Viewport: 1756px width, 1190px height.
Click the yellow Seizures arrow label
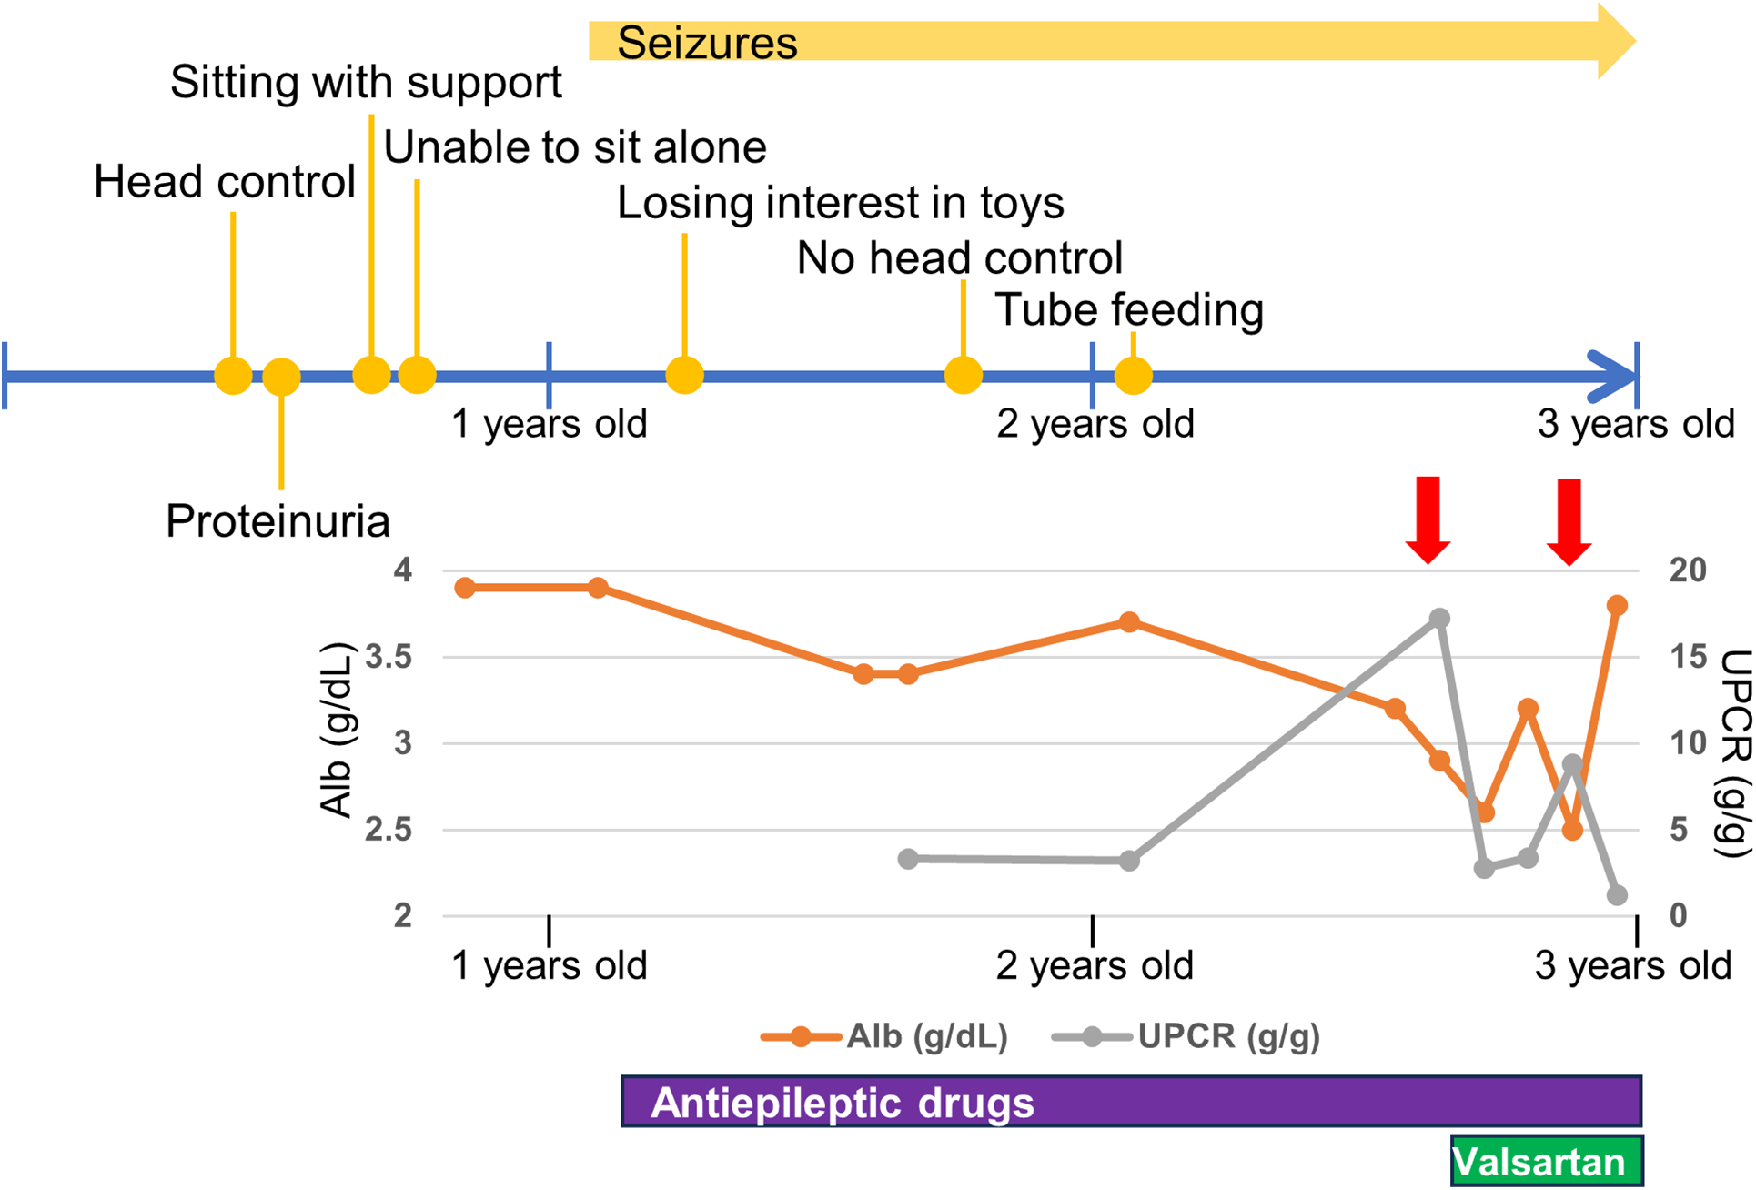(707, 43)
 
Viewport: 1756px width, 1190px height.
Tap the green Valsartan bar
(1546, 1162)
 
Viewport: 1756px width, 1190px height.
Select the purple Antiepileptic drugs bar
(1130, 1102)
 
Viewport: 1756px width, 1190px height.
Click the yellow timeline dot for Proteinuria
(281, 376)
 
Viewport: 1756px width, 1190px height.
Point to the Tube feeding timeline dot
(1133, 375)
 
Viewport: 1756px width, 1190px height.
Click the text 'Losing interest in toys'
(840, 203)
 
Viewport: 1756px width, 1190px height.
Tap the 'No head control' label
(959, 258)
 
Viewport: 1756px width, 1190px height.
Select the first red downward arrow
(1428, 519)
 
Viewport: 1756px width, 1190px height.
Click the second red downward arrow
(1569, 521)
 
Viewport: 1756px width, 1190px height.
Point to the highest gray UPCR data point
(1439, 619)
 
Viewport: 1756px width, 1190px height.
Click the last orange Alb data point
(1617, 605)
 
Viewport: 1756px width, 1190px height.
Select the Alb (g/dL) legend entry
(884, 1036)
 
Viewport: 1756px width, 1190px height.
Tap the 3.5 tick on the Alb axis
(389, 657)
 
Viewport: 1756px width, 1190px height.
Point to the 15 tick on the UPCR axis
(1687, 657)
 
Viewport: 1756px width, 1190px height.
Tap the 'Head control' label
(224, 182)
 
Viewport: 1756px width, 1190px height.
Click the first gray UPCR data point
(908, 859)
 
